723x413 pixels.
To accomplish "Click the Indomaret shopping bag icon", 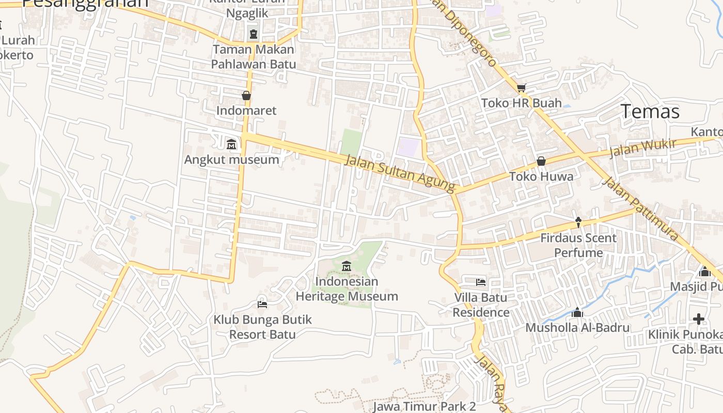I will (246, 96).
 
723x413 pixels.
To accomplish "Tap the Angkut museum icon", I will (231, 144).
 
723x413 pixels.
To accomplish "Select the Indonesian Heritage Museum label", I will (347, 289).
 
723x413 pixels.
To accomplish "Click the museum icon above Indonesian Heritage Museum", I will (347, 266).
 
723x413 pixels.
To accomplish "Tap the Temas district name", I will (650, 112).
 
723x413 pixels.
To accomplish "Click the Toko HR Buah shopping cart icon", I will (521, 88).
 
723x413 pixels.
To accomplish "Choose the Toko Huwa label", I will (541, 177).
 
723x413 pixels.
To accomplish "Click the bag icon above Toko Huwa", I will (541, 161).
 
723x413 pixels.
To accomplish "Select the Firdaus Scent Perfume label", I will (578, 245).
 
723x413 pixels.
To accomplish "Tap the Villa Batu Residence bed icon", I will (481, 282).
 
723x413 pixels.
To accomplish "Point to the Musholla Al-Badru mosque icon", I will (577, 312).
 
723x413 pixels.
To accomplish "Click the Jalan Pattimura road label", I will (641, 209).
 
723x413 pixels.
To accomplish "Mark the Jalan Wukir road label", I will (642, 148).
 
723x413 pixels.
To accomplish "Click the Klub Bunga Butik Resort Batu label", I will (262, 327).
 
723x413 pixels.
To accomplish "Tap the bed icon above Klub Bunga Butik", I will (262, 304).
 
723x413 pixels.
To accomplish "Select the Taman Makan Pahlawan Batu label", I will (253, 57).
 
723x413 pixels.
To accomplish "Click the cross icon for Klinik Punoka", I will (699, 319).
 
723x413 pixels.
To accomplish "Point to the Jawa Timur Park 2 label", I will (424, 406).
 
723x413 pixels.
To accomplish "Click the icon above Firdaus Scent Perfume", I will (578, 223).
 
